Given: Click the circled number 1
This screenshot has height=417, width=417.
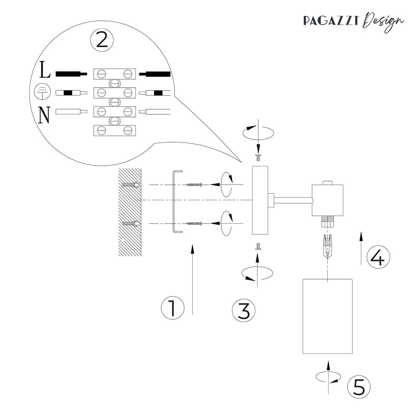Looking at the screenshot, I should tap(172, 308).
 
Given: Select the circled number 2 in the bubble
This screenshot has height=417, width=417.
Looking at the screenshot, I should tap(102, 40).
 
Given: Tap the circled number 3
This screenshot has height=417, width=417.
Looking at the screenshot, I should tap(244, 311).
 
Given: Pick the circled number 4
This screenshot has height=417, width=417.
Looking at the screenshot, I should tap(378, 258).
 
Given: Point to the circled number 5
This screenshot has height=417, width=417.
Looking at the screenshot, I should tap(359, 387).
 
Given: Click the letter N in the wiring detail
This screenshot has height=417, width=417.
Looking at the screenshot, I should tap(44, 115).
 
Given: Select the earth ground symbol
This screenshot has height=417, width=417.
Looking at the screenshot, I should tap(43, 92).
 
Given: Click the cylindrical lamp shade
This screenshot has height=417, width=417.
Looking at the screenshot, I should tap(327, 316).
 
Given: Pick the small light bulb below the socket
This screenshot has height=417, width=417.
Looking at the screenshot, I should tap(328, 246).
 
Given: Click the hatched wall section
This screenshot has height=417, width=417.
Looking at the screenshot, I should tap(129, 212).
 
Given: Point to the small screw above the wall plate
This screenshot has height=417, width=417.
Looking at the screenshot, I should tap(257, 156).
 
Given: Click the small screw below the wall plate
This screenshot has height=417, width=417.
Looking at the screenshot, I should tap(257, 246).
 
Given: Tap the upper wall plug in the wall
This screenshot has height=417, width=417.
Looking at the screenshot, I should tap(131, 185).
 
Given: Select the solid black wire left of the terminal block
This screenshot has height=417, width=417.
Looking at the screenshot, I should tap(71, 74).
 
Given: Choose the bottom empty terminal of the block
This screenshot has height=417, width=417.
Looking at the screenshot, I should tap(114, 130).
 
